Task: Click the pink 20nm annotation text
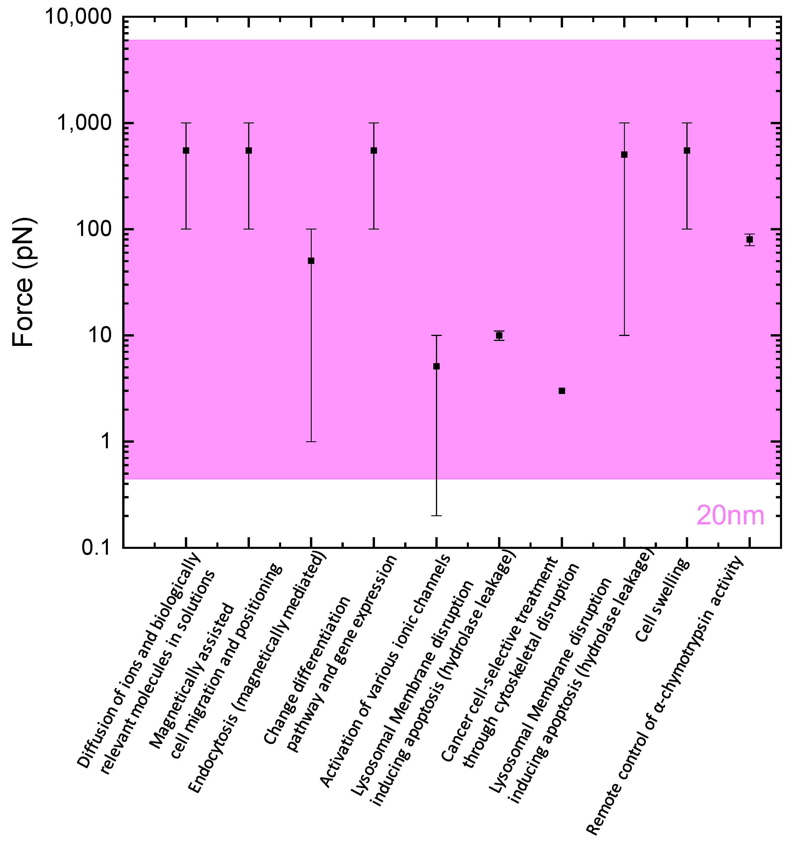point(730,516)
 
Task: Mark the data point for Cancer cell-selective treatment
point(561,391)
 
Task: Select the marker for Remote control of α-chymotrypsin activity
point(749,239)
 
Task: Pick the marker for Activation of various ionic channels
point(436,366)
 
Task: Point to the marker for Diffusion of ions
point(186,150)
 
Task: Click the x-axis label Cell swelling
point(662,601)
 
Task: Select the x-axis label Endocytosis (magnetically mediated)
point(259,675)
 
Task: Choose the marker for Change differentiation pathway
point(374,150)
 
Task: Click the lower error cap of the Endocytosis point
point(311,442)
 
